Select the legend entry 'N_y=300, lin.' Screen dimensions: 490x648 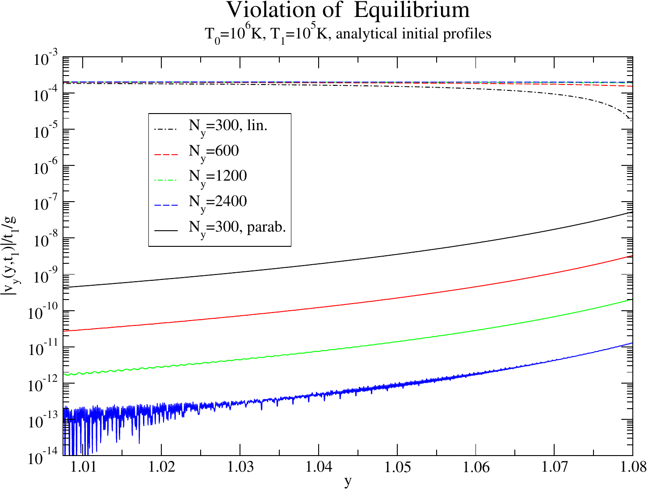click(228, 125)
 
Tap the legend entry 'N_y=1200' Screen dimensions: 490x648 click(218, 176)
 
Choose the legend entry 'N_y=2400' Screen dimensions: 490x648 click(218, 202)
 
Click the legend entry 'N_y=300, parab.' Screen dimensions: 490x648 click(237, 227)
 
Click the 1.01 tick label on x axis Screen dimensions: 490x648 click(83, 468)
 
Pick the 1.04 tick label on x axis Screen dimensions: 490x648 click(319, 468)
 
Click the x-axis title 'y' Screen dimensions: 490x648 click(348, 482)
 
